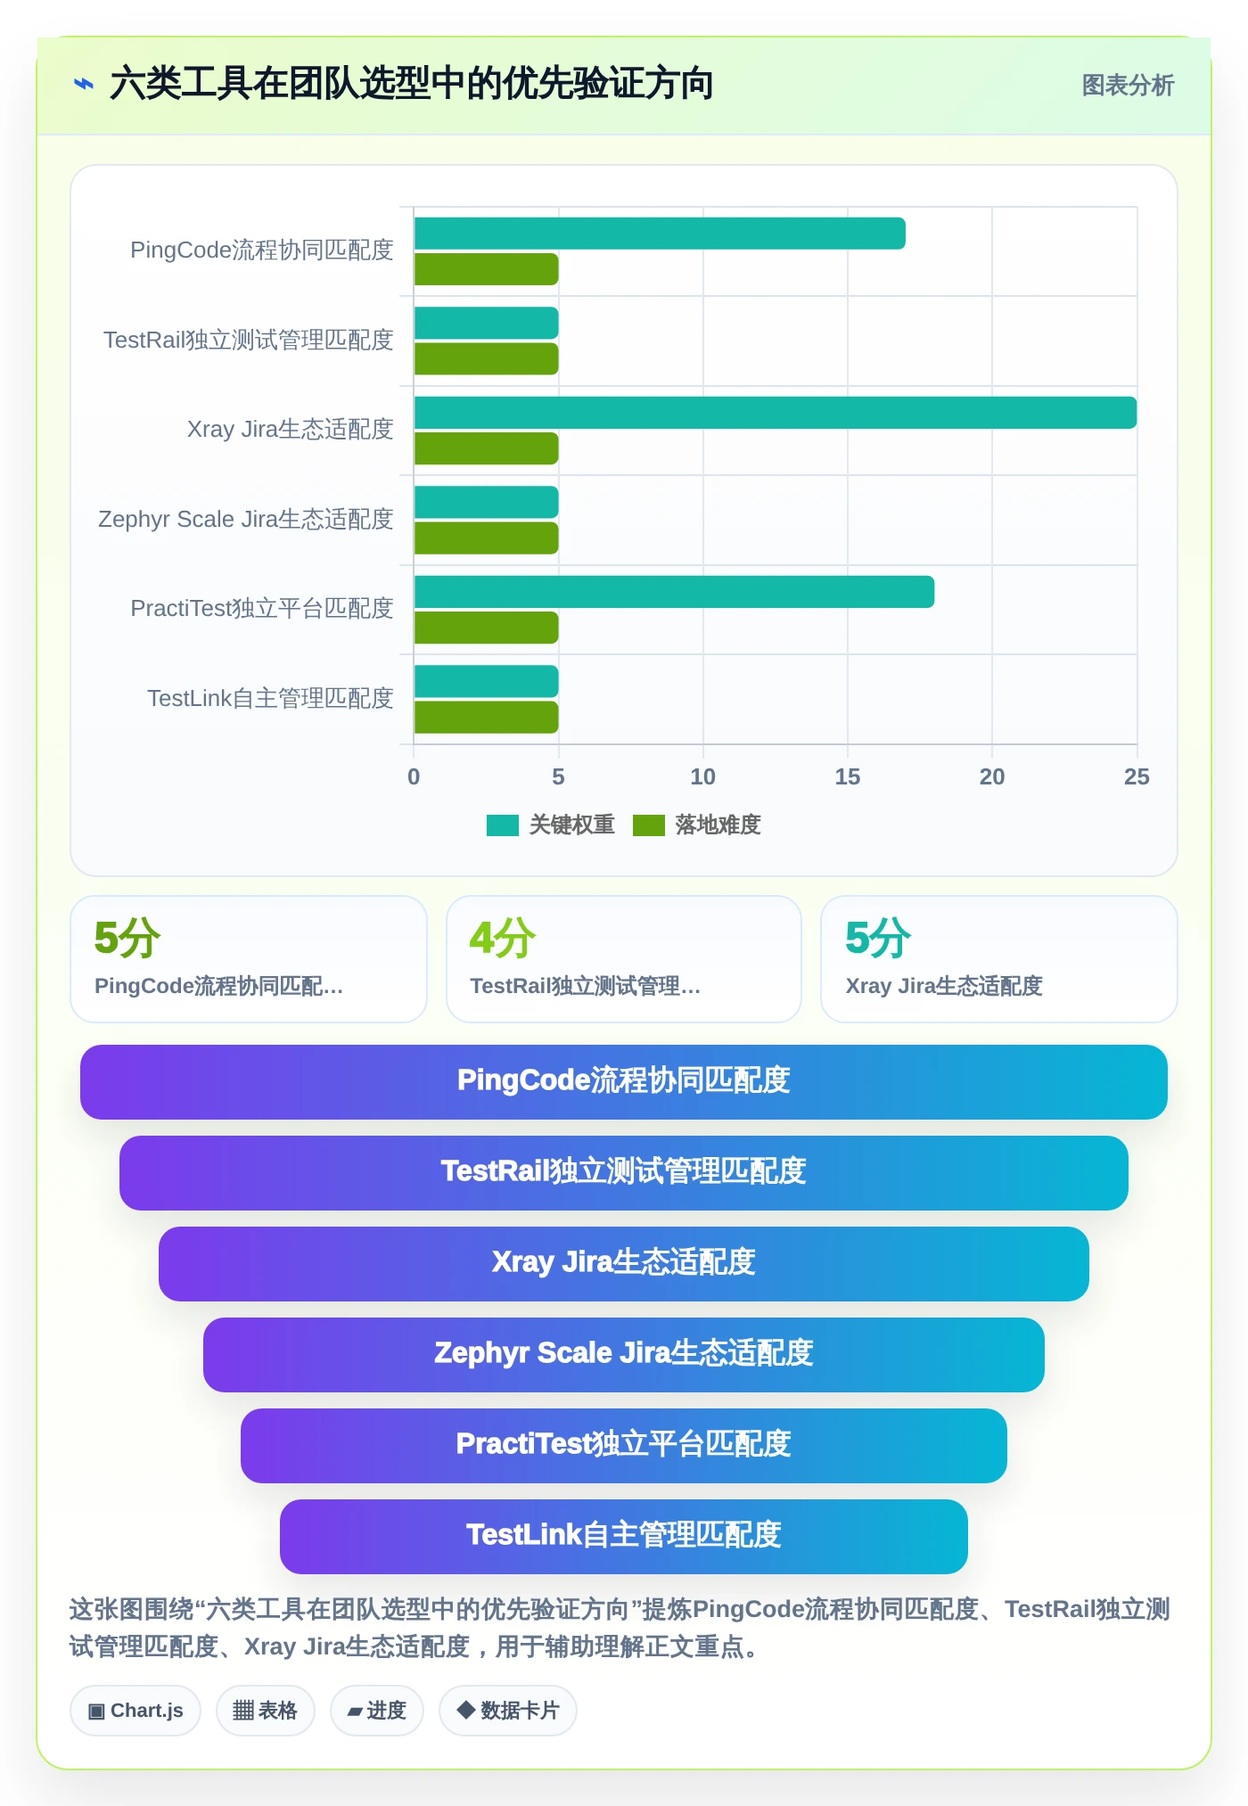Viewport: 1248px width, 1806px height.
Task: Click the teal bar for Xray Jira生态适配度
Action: [775, 413]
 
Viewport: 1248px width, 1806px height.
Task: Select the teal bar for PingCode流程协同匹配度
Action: [660, 234]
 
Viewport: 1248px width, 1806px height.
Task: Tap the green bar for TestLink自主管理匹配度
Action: [486, 718]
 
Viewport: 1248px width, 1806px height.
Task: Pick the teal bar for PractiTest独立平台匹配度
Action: [674, 592]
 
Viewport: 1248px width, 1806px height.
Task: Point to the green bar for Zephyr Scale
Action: [486, 538]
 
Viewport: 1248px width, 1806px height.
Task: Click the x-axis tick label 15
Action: [848, 777]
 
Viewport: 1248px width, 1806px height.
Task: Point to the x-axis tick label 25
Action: [1137, 777]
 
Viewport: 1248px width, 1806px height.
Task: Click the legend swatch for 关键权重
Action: [503, 825]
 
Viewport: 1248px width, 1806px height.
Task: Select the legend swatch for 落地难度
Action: [649, 825]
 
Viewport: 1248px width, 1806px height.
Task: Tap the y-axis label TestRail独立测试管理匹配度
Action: [249, 340]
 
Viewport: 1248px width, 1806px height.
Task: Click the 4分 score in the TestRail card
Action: [503, 938]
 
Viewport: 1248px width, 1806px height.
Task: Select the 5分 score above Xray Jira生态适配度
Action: [878, 938]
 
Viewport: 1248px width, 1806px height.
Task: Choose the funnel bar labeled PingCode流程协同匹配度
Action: [624, 1082]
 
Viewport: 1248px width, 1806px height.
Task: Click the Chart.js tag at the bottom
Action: [135, 1711]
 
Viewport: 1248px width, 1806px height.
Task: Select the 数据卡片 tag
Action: [508, 1711]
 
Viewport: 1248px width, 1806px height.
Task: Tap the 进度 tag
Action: [377, 1711]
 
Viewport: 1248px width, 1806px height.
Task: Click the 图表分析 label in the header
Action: [1128, 86]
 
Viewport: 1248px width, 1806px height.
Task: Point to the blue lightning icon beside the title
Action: [84, 85]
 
